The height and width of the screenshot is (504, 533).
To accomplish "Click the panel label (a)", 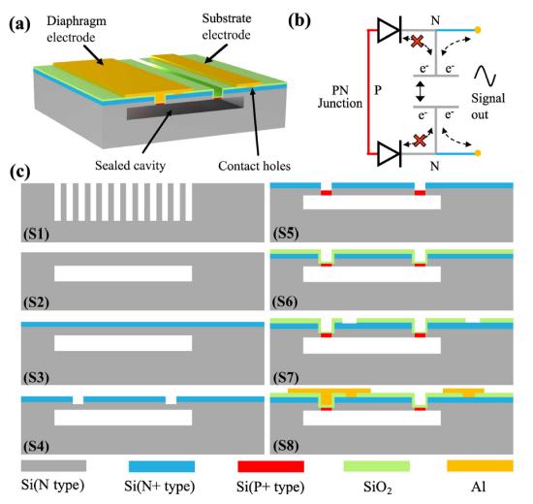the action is [20, 24].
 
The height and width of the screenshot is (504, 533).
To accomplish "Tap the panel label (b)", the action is [299, 21].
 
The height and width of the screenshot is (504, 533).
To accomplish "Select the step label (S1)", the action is [37, 234].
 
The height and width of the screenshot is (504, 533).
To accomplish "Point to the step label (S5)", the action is [286, 234].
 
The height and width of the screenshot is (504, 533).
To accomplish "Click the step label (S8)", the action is [286, 446].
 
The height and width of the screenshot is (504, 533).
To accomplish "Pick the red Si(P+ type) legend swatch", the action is [271, 466].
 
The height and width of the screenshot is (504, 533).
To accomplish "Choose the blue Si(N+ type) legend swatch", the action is [162, 466].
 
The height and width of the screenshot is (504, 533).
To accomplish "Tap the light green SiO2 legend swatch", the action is [377, 466].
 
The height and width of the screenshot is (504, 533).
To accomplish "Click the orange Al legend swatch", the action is [480, 465].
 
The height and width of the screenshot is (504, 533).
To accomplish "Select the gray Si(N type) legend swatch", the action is [53, 465].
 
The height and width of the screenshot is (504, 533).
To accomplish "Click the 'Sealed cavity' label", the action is [130, 166].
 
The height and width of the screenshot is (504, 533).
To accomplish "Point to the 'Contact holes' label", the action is [254, 166].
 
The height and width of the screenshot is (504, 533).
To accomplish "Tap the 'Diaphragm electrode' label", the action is [77, 29].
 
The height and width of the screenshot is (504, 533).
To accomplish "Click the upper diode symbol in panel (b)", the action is [390, 30].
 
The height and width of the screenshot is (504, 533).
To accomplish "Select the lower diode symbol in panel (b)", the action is [390, 154].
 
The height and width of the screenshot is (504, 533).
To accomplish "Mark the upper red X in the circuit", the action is [418, 42].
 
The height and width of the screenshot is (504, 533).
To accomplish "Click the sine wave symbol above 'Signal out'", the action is [486, 76].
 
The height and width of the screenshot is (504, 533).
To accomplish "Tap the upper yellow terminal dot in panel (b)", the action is [478, 30].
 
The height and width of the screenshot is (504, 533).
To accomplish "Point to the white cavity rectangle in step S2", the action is [123, 273].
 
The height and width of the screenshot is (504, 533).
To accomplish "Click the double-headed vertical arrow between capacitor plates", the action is [421, 90].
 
